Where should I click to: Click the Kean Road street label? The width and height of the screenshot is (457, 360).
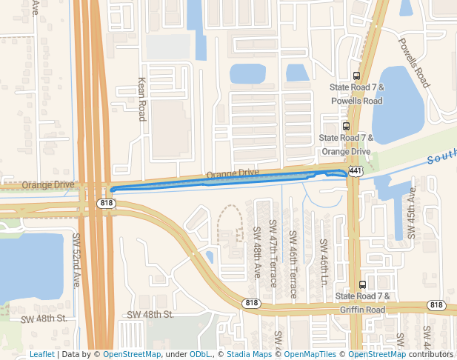[x=142, y=99]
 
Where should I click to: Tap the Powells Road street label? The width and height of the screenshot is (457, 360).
[x=413, y=63]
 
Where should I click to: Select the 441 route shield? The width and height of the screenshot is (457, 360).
[x=356, y=171]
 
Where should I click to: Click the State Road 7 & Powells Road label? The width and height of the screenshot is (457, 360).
[x=357, y=94]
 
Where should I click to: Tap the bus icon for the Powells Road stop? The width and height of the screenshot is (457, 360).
[x=357, y=76]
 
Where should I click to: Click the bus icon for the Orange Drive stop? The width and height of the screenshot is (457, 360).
[x=346, y=126]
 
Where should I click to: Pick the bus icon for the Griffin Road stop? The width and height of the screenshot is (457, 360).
[x=362, y=284]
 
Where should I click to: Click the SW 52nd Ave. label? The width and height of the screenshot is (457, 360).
[x=76, y=260]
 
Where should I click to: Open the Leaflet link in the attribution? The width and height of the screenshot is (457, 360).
[x=41, y=355]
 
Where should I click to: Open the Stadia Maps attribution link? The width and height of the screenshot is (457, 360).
[x=249, y=355]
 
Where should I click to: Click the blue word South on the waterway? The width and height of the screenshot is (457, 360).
[x=442, y=158]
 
